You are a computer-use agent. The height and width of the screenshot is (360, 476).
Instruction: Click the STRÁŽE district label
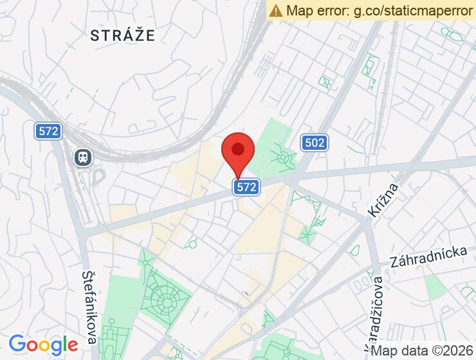click(123, 35)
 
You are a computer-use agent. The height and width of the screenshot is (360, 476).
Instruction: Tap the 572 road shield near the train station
click(48, 131)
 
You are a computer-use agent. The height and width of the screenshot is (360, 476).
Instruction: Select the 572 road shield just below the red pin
click(246, 187)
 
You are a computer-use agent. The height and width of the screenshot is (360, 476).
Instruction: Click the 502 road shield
click(315, 142)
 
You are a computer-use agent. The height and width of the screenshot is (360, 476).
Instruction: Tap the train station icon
click(83, 156)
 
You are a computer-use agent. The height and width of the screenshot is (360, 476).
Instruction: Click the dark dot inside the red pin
click(238, 150)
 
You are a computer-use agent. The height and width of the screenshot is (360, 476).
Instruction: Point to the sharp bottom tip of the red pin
click(238, 180)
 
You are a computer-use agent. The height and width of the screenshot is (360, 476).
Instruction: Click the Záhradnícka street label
click(428, 257)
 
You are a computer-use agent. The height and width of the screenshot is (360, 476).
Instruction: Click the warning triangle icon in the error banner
click(276, 10)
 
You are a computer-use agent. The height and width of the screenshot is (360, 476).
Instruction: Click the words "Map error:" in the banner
click(318, 10)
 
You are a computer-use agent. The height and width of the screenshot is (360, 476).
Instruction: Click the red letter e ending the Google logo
click(71, 346)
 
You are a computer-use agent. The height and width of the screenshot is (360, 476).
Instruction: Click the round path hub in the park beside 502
click(282, 157)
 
